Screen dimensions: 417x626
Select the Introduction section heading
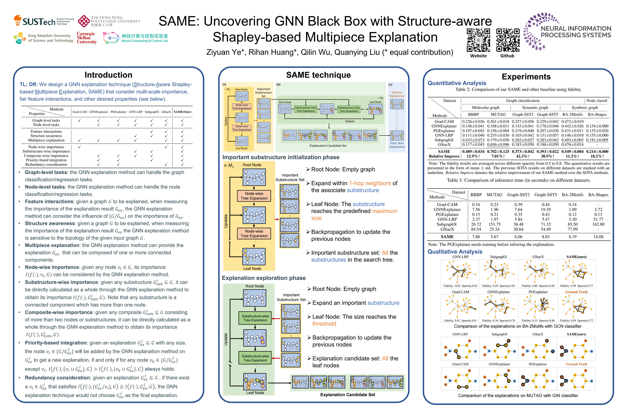108,75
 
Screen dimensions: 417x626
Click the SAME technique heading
318,75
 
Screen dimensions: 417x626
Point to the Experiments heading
526,77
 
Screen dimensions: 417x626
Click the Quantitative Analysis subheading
457,83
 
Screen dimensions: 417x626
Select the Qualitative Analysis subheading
455,252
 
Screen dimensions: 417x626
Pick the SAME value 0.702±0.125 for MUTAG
498,151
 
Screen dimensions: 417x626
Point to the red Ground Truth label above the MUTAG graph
576,364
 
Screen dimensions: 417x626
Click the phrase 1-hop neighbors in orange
370,183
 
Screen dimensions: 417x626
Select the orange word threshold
324,324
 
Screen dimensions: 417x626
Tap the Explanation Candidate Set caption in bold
348,395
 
